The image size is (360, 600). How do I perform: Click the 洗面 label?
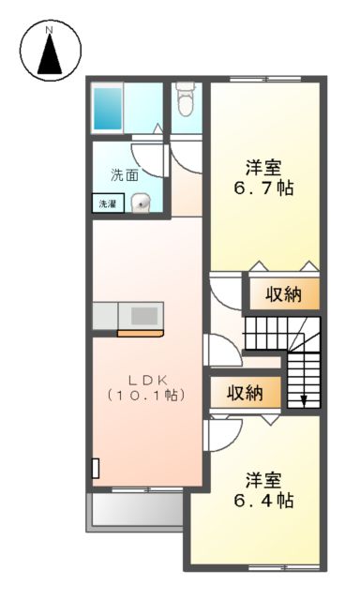tap(125, 174)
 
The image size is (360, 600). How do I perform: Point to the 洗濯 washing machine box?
tap(104, 202)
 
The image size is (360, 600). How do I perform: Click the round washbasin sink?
tap(141, 201)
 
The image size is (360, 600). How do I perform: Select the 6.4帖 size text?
tap(264, 501)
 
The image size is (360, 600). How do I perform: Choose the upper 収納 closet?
tap(283, 294)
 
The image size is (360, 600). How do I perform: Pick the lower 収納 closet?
tap(244, 392)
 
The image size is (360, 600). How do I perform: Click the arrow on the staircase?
tap(304, 399)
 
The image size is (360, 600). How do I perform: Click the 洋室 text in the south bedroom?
tap(264, 480)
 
